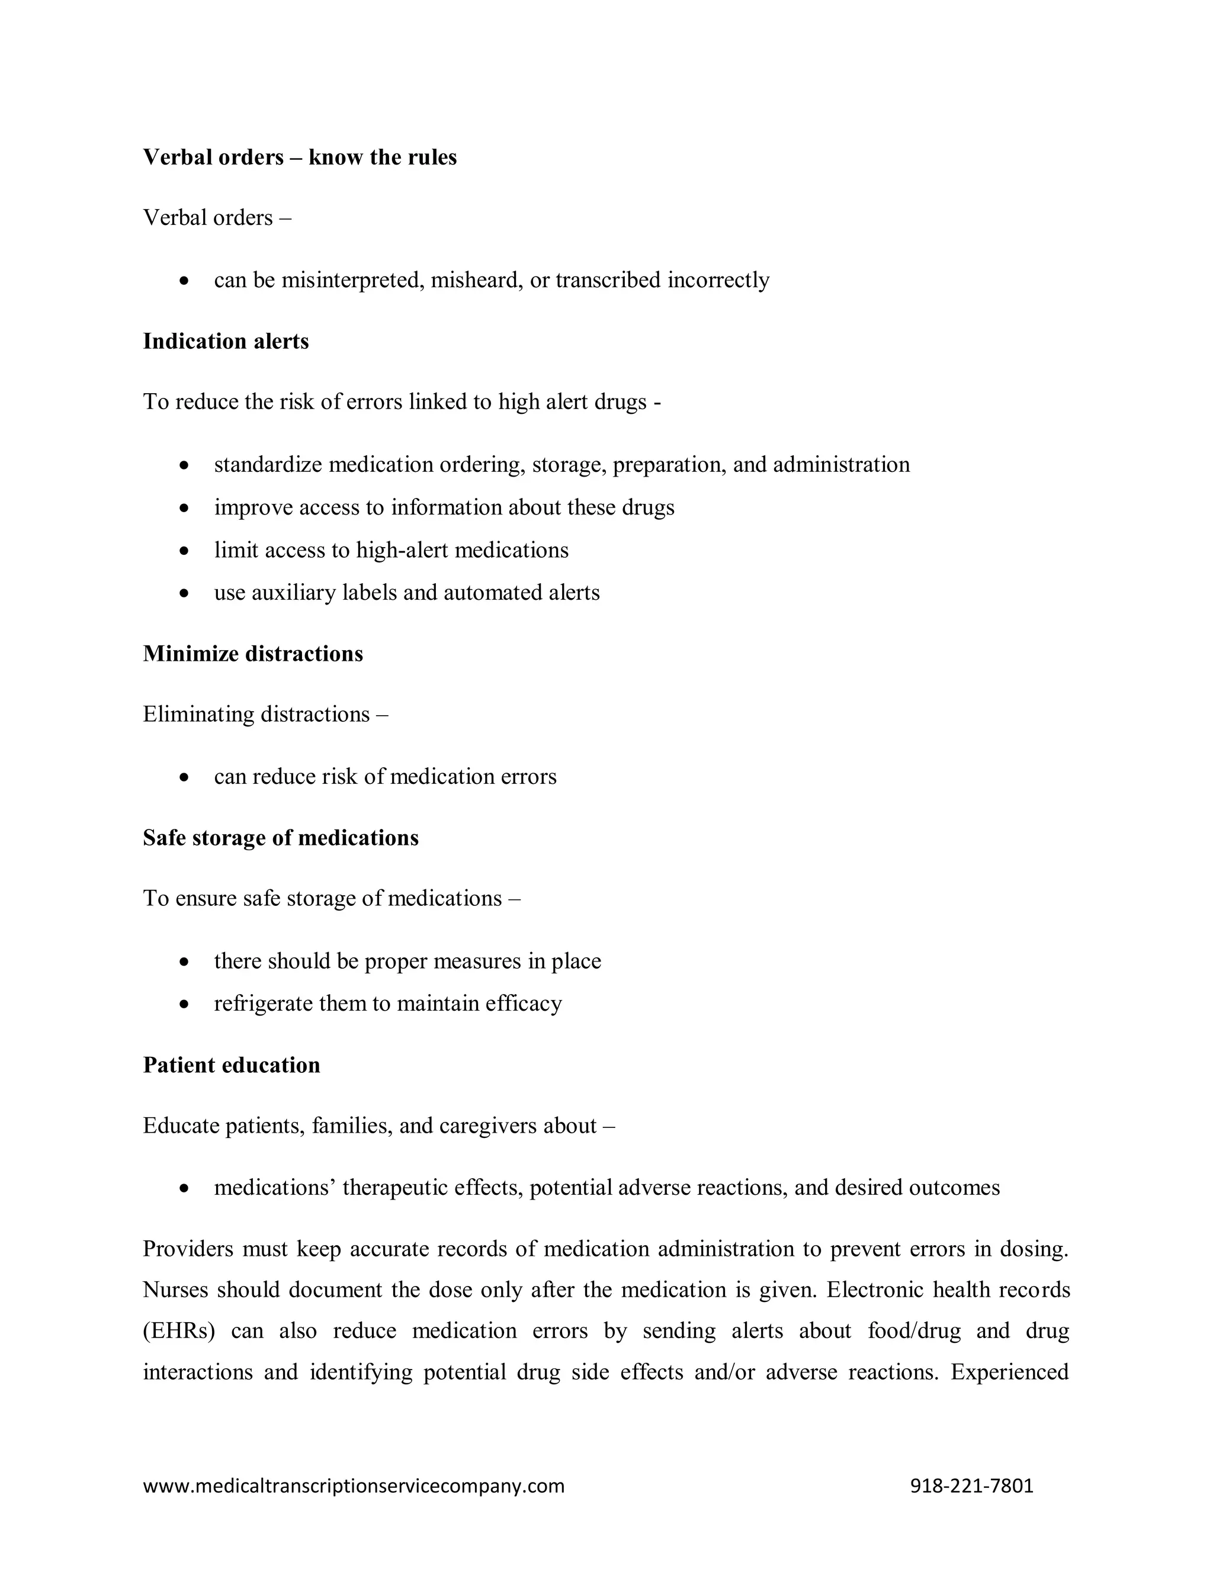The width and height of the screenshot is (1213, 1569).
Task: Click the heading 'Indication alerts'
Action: tap(226, 341)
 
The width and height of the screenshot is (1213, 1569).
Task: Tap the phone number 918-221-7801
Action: tap(971, 1486)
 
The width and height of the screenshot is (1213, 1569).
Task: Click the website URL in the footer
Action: tap(354, 1486)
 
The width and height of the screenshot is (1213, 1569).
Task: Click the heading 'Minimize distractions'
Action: tap(253, 654)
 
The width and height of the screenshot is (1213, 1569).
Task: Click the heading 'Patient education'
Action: tap(232, 1065)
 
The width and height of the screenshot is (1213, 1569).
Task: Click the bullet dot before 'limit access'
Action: tap(185, 551)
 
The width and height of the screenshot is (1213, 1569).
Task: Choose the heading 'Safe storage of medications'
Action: tap(280, 838)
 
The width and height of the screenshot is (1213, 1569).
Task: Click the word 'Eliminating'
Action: tap(198, 715)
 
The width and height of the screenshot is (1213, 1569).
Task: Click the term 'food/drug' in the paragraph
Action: tap(913, 1331)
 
